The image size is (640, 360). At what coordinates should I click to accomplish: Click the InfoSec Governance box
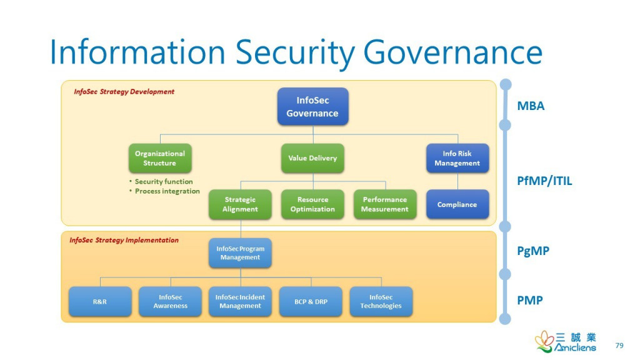(312, 106)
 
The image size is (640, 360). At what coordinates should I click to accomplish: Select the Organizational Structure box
(160, 158)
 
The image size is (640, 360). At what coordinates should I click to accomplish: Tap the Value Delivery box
(312, 158)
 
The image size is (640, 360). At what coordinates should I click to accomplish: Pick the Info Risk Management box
(457, 158)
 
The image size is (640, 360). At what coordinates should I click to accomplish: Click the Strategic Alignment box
(240, 204)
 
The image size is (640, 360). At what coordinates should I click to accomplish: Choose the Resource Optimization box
(312, 204)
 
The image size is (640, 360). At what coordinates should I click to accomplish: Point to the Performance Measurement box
(385, 204)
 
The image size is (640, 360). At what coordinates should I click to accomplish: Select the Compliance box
(457, 204)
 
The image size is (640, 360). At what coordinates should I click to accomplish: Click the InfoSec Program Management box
(240, 253)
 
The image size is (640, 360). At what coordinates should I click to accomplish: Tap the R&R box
(100, 302)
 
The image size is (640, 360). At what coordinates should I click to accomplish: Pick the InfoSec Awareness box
(171, 302)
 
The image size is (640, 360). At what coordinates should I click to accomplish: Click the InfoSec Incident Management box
(240, 302)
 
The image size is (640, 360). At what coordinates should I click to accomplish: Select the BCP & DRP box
(311, 302)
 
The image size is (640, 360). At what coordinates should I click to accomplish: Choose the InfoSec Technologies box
(381, 302)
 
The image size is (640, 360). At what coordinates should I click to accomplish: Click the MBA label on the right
(531, 106)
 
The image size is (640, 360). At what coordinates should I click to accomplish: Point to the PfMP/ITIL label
(544, 182)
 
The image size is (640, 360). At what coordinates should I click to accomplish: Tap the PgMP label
(533, 251)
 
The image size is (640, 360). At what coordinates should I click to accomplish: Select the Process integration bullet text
(167, 191)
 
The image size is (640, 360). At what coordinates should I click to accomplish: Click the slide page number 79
(619, 346)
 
